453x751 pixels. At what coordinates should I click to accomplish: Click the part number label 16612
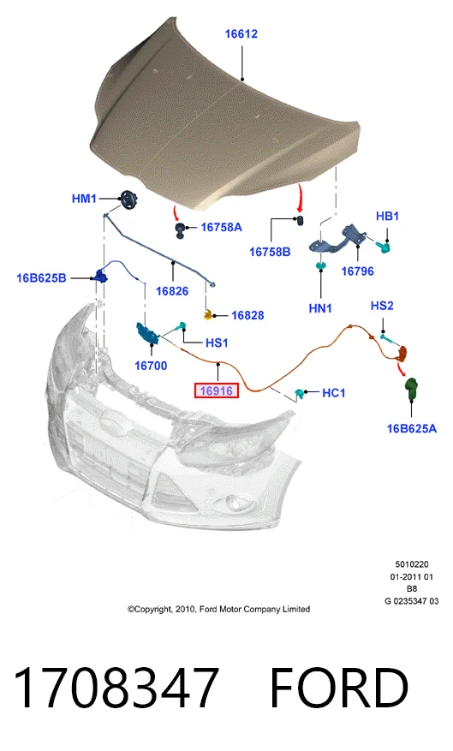(x=241, y=34)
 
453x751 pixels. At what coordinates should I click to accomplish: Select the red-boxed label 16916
(x=217, y=390)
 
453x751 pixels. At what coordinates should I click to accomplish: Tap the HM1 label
(x=84, y=199)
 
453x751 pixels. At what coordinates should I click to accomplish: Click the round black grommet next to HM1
(x=128, y=200)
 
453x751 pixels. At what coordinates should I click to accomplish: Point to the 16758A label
(x=221, y=227)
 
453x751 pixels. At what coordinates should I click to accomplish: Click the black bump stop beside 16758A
(x=180, y=229)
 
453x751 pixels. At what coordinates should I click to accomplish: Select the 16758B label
(x=270, y=252)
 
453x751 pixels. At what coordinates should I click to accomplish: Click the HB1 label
(x=387, y=216)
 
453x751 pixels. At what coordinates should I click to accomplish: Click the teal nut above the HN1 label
(x=321, y=265)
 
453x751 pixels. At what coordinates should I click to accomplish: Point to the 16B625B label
(x=41, y=277)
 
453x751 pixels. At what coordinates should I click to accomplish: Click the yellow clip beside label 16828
(x=208, y=314)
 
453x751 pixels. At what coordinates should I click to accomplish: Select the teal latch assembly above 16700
(x=148, y=333)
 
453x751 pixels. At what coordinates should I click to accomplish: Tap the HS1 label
(x=217, y=343)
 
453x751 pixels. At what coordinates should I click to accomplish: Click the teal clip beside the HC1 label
(x=301, y=394)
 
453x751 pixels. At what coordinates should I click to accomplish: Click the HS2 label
(x=382, y=306)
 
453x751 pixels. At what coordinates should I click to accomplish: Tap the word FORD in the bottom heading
(x=339, y=688)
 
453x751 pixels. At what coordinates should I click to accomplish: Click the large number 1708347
(x=116, y=688)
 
